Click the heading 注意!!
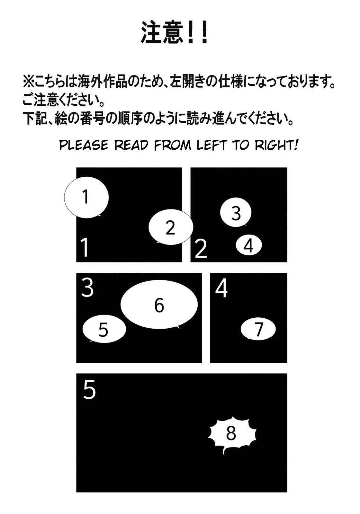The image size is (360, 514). (x=175, y=32)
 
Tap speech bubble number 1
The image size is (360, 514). (x=86, y=197)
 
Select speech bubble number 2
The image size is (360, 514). (x=171, y=227)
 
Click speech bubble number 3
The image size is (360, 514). (x=236, y=212)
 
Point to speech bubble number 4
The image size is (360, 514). (x=249, y=245)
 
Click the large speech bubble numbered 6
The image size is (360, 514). (x=159, y=305)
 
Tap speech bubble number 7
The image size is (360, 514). (x=258, y=329)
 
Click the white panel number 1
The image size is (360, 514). (x=85, y=247)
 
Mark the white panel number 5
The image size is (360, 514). (x=89, y=390)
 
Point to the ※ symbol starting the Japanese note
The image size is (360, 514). (x=28, y=83)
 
